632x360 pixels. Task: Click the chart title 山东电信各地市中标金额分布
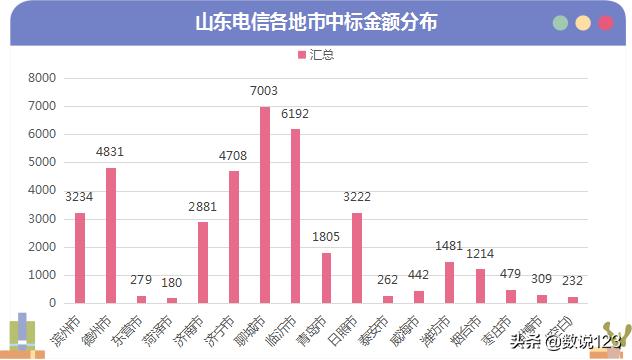coord(316,22)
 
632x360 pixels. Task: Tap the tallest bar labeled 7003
coord(265,205)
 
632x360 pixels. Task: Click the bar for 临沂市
coord(295,216)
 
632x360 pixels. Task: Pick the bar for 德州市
coord(110,235)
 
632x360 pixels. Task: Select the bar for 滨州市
coord(80,258)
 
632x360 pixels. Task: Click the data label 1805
coord(326,237)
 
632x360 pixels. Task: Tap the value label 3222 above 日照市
coord(357,197)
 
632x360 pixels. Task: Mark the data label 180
coord(171,282)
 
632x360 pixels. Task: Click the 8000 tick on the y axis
coord(42,78)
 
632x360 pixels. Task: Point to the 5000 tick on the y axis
coord(42,162)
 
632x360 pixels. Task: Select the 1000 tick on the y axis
coord(42,275)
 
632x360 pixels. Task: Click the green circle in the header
coord(561,23)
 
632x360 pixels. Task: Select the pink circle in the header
coord(605,23)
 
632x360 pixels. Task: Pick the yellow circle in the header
coord(583,23)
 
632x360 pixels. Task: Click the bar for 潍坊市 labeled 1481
coord(449,282)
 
